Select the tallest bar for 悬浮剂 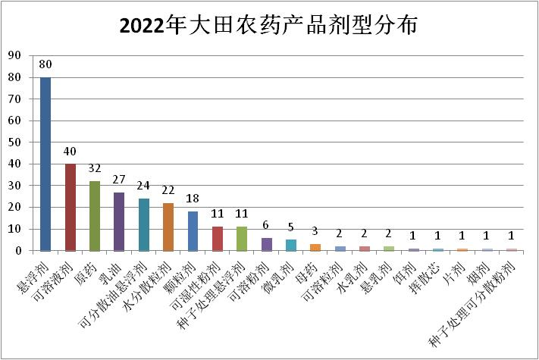point(45,164)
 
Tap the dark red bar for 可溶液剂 point(71,207)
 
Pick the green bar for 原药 point(95,216)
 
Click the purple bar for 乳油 point(119,221)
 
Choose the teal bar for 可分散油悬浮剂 point(144,224)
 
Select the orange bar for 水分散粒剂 point(168,227)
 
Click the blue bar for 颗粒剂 point(193,231)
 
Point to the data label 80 point(45,65)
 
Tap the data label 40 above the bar point(71,152)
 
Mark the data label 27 point(119,180)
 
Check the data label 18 point(193,200)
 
